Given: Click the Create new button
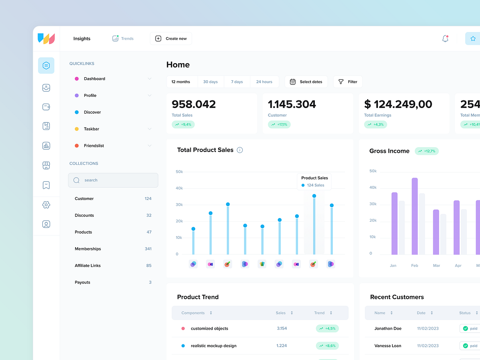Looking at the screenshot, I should coord(171,39).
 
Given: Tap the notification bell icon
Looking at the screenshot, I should coord(445,39).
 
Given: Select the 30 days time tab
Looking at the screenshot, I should coord(210,82).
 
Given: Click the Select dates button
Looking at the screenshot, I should coord(306,82).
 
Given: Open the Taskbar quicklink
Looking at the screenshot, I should coord(92,129).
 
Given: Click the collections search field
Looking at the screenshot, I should coord(113,180).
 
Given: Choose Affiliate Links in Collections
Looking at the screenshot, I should coord(88,266).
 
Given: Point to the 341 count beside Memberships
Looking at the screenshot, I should coord(148,249).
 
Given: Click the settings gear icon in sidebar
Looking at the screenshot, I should coord(46,205).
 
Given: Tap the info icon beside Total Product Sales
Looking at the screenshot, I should coord(240,150).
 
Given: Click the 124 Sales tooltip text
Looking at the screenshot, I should coord(316,185).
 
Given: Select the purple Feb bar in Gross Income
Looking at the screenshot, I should coord(415,216).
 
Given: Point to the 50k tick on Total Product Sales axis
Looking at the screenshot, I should coord(179,172).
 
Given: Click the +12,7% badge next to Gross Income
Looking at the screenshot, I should coord(427,151).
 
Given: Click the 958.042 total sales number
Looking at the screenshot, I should coord(194,104).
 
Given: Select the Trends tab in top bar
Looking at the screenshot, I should coord(123,39).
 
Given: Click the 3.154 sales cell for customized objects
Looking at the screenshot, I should coord(282,328).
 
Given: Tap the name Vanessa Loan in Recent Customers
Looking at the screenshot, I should coord(388,346).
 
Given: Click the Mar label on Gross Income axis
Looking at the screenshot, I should coord(436,266).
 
